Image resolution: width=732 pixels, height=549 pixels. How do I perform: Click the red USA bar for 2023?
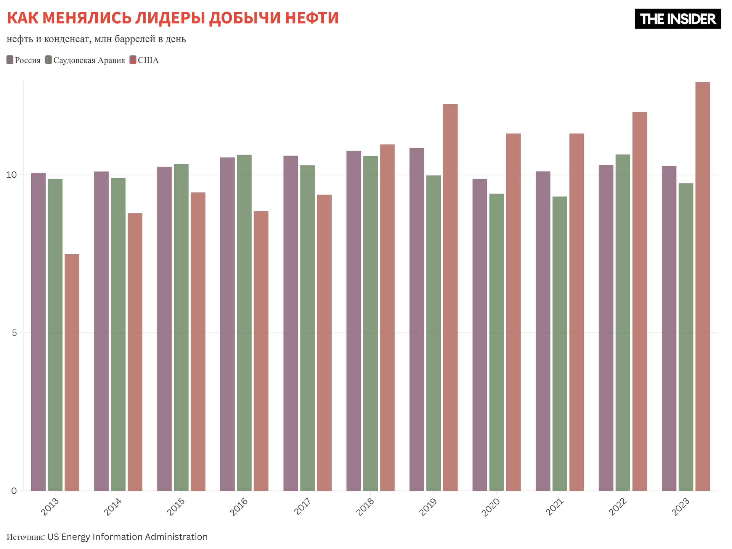point(703,286)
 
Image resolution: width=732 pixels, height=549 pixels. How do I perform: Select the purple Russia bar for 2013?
point(38,332)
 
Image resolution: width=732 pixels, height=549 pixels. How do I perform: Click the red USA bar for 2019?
point(450,297)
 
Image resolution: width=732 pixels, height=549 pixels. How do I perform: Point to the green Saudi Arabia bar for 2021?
point(560,344)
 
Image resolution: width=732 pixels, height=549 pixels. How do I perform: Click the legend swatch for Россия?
point(10,60)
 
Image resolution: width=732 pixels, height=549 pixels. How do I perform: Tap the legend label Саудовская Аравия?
point(89,60)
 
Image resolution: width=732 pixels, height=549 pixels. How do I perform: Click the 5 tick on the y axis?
point(14,333)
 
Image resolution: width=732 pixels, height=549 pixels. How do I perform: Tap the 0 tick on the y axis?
point(14,491)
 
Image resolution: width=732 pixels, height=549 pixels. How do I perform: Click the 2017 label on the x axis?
point(303,507)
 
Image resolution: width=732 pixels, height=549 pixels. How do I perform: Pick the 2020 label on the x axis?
point(491,507)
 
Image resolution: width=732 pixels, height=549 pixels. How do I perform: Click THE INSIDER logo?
point(677,19)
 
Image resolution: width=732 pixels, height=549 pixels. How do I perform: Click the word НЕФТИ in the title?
point(312,18)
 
